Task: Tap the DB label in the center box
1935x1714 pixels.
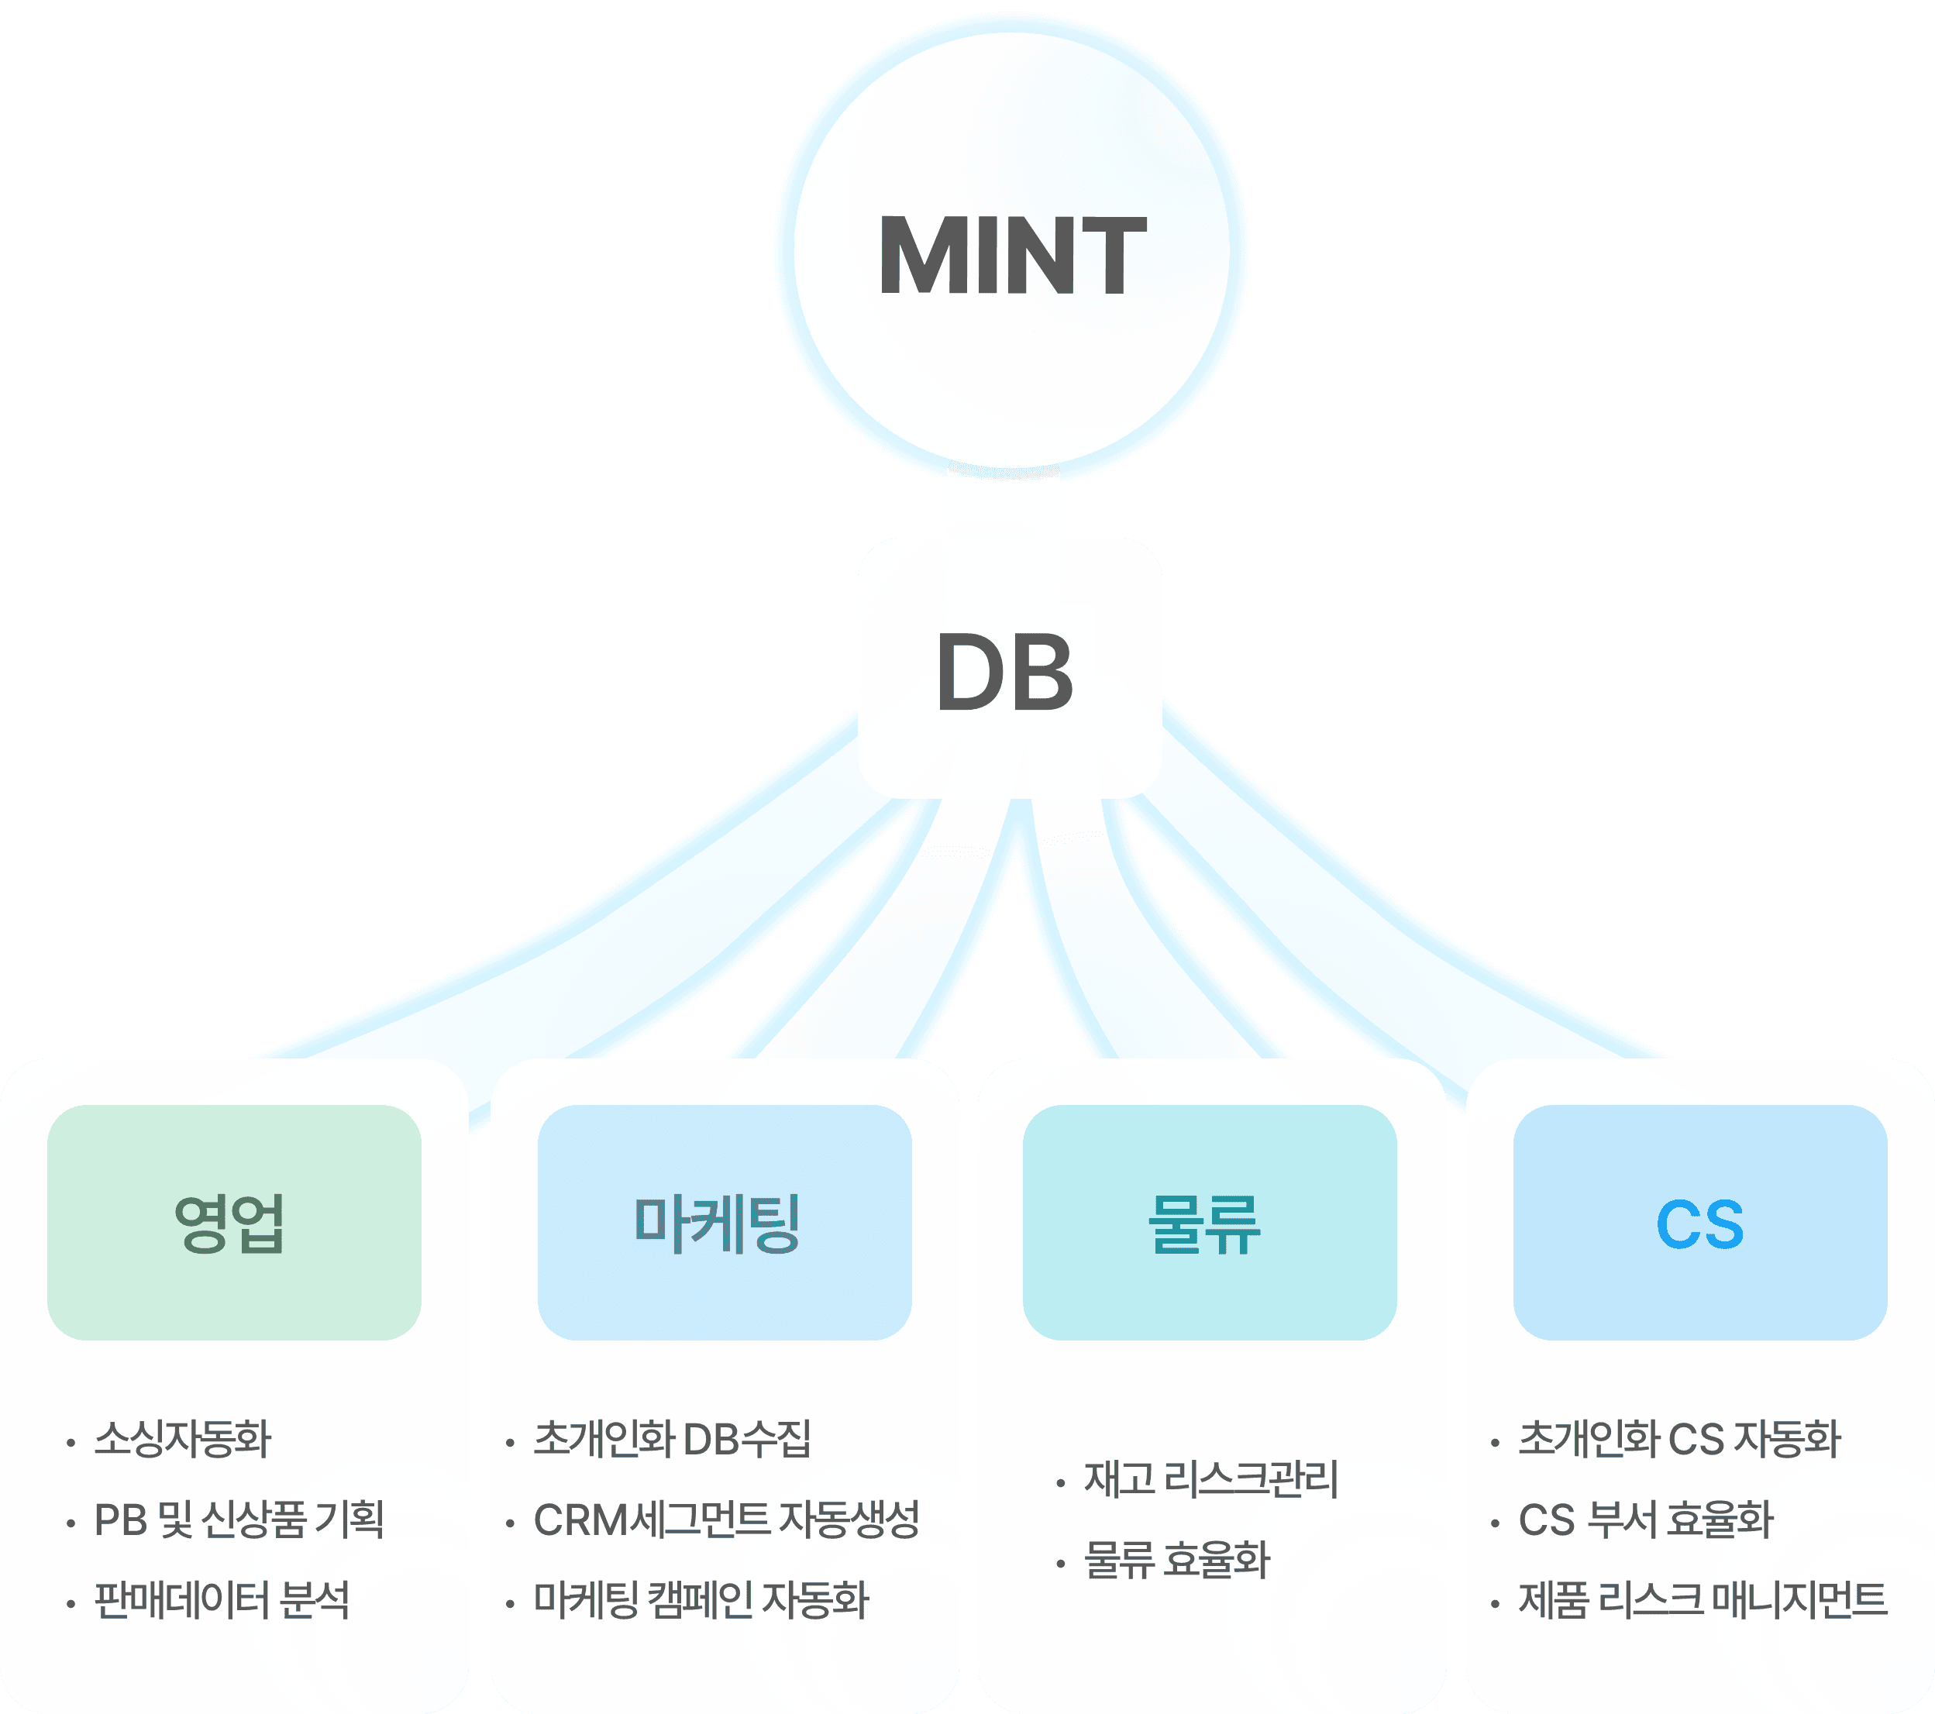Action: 1005,672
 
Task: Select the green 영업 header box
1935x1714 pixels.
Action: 234,1222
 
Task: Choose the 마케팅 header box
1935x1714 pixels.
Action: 725,1222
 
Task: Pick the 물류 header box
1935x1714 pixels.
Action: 1209,1222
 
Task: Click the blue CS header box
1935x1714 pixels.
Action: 1699,1222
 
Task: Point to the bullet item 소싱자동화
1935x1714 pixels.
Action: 183,1439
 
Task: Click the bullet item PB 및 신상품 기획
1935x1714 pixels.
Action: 239,1520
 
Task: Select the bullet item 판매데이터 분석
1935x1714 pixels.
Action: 222,1600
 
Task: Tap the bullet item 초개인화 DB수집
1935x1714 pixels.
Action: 672,1439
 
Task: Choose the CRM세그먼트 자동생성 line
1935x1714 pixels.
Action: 726,1520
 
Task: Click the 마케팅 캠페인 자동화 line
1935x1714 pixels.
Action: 701,1600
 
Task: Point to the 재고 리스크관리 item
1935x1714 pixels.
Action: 1210,1479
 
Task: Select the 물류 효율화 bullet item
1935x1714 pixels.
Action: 1176,1560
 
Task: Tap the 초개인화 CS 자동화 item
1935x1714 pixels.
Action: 1679,1439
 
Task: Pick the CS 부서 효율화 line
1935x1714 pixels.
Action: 1645,1520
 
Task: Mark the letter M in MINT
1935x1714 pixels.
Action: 917,255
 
